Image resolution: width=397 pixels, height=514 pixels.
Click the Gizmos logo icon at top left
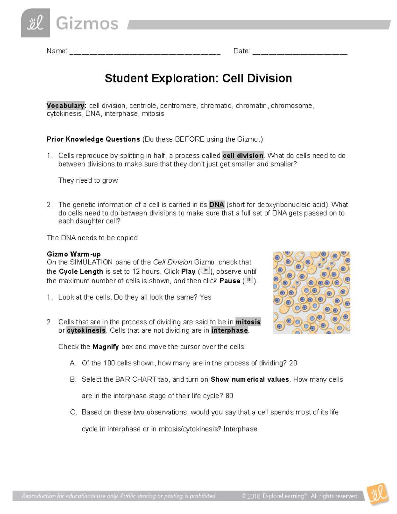point(35,23)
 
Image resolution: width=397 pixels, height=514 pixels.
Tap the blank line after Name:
point(145,52)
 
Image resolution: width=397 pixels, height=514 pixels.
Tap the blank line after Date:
point(300,52)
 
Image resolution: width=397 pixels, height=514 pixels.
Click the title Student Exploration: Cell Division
point(198,78)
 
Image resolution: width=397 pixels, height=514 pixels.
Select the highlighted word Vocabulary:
point(66,106)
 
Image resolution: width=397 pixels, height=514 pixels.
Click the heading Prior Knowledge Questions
point(93,139)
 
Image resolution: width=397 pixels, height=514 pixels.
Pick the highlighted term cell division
point(243,156)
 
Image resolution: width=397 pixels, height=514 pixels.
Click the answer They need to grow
point(88,180)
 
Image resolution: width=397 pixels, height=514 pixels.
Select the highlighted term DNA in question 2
point(216,205)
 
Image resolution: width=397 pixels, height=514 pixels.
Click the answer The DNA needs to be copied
point(92,238)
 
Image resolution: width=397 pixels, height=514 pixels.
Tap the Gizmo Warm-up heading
point(73,254)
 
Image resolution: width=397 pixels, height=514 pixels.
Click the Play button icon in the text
point(205,271)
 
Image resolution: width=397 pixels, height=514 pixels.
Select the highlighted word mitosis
point(248,322)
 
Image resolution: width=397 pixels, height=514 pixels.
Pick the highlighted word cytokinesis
point(86,330)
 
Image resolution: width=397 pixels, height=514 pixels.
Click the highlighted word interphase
point(230,330)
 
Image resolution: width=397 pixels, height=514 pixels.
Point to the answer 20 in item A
point(293,363)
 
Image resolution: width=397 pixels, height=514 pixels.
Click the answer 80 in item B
point(229,396)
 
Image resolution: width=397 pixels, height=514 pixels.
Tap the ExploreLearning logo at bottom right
point(378,494)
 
